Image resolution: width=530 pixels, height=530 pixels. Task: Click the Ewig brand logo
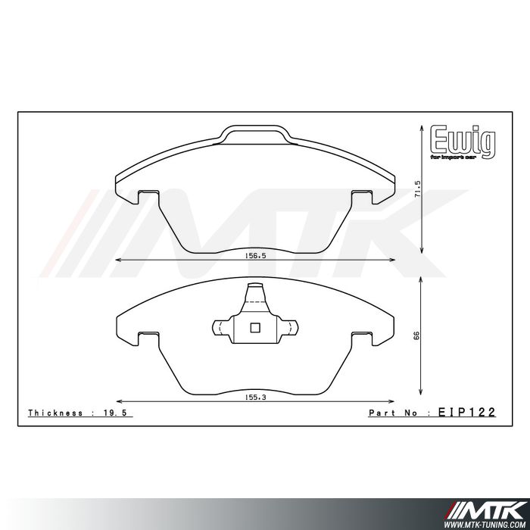point(462,140)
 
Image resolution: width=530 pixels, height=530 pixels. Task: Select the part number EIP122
point(467,413)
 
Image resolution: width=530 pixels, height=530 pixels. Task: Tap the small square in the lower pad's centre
point(254,328)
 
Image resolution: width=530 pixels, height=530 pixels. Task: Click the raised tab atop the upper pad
point(254,133)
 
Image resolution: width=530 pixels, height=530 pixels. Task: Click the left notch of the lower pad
point(147,335)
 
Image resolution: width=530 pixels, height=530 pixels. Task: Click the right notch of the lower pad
point(362,335)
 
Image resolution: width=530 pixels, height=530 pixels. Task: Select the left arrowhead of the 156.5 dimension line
point(116,261)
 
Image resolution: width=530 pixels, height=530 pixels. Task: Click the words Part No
point(394,413)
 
